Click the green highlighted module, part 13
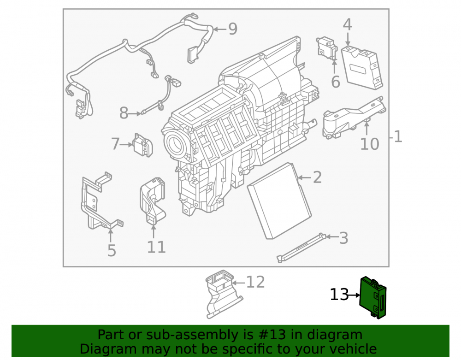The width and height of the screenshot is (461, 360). point(373,297)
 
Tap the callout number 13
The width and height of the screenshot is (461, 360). point(339,295)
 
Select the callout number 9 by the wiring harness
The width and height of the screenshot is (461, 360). point(233,29)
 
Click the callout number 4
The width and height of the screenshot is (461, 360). point(347,25)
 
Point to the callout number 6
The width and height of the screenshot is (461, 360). point(336,82)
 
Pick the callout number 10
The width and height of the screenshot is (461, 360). point(370,144)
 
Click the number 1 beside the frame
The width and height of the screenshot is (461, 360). point(398,137)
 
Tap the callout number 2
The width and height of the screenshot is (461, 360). point(317,177)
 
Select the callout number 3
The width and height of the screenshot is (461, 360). point(343,238)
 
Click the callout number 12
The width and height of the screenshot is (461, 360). point(255,282)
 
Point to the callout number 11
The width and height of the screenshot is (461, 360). point(156,247)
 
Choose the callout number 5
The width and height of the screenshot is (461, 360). point(112,251)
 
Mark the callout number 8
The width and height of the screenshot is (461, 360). point(124,113)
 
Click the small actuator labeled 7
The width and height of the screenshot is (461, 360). point(143,145)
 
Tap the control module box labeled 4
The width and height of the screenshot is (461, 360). point(362,67)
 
